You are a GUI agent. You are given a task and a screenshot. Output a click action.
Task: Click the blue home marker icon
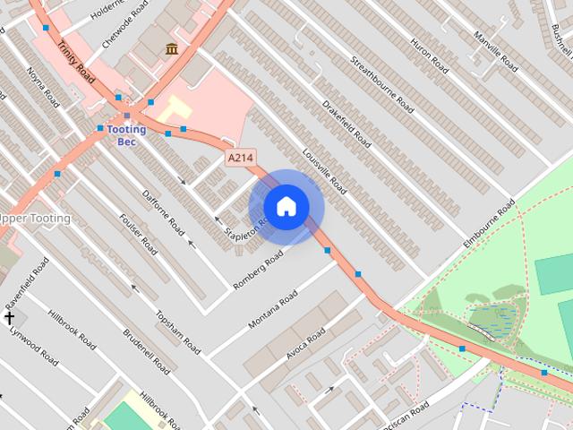286,206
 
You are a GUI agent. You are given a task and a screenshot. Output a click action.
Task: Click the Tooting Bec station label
126,135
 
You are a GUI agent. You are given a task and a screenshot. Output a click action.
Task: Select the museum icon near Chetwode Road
171,47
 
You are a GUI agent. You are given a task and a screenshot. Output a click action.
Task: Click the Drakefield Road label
346,124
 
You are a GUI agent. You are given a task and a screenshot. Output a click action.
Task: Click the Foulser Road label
138,233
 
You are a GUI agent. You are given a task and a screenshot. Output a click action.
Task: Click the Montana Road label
273,309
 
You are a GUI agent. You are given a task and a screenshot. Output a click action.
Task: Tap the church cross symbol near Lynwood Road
10,318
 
